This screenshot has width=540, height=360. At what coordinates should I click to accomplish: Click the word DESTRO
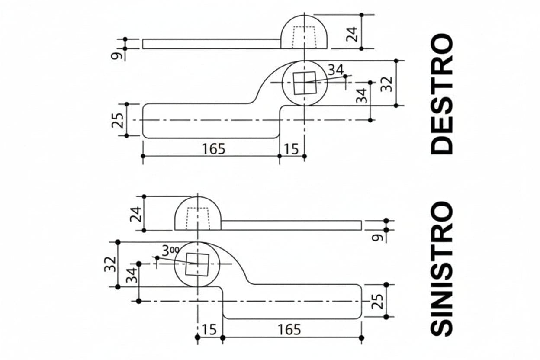pyautogui.click(x=442, y=94)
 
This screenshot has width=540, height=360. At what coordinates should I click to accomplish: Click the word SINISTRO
pyautogui.click(x=442, y=269)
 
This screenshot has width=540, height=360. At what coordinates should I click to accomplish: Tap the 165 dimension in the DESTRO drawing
pyautogui.click(x=214, y=149)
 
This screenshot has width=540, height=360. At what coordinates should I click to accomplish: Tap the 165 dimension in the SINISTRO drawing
pyautogui.click(x=289, y=330)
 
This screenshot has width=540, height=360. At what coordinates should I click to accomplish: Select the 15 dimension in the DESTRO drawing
pyautogui.click(x=291, y=149)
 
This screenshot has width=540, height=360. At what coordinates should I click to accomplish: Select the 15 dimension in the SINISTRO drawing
pyautogui.click(x=209, y=330)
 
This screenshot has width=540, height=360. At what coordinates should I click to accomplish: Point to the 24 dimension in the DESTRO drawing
pyautogui.click(x=352, y=35)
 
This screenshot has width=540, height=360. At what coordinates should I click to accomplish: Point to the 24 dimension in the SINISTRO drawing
pyautogui.click(x=135, y=214)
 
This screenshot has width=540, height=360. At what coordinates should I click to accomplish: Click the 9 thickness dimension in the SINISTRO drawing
pyautogui.click(x=377, y=238)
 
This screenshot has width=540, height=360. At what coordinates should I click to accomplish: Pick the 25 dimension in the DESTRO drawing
pyautogui.click(x=117, y=120)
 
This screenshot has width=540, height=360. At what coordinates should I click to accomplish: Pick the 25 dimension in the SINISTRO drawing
pyautogui.click(x=377, y=302)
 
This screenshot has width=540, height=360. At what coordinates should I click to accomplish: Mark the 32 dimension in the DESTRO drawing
pyautogui.click(x=386, y=84)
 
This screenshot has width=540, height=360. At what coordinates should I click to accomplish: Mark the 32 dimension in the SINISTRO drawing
pyautogui.click(x=110, y=264)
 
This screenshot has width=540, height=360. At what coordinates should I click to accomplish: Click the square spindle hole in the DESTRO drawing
pyautogui.click(x=305, y=83)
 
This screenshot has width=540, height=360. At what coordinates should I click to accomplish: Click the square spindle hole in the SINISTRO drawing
pyautogui.click(x=197, y=264)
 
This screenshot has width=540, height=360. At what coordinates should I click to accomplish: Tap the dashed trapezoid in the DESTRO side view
pyautogui.click(x=304, y=37)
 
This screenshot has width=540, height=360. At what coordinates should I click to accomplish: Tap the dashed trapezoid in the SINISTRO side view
pyautogui.click(x=198, y=219)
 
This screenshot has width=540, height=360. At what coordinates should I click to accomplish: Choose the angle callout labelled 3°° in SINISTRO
pyautogui.click(x=170, y=251)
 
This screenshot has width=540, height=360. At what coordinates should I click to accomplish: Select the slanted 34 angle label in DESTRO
pyautogui.click(x=336, y=70)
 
